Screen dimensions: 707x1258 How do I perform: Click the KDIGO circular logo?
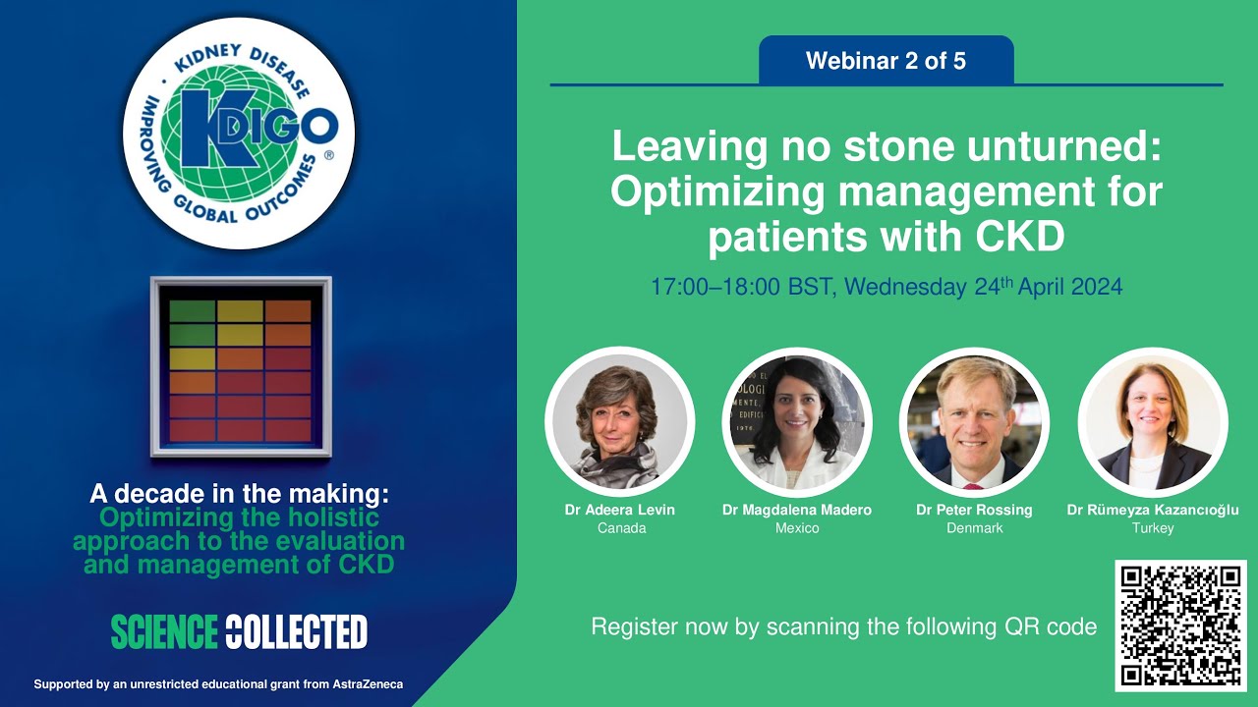pos(240,133)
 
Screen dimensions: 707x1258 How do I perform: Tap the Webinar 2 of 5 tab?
pos(886,61)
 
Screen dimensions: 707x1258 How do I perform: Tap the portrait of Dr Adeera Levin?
pos(619,421)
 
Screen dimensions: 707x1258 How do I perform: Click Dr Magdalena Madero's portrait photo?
pos(797,421)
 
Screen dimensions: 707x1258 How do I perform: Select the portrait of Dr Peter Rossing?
pos(974,421)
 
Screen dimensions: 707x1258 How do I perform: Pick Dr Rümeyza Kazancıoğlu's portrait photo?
pos(1153,421)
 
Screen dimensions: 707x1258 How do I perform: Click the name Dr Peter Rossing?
pos(974,510)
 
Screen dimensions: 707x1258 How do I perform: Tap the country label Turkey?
pos(1153,528)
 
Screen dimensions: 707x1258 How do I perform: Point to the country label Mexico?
pos(797,528)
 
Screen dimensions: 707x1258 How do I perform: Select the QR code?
pos(1180,625)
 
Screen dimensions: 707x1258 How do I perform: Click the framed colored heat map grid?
pos(241,368)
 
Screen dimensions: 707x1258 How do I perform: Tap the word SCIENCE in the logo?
pos(163,632)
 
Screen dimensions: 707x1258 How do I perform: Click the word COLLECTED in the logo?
pos(296,632)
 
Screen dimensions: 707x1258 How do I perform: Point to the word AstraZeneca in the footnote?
pos(366,684)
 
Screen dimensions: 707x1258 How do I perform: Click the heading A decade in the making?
pos(239,494)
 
